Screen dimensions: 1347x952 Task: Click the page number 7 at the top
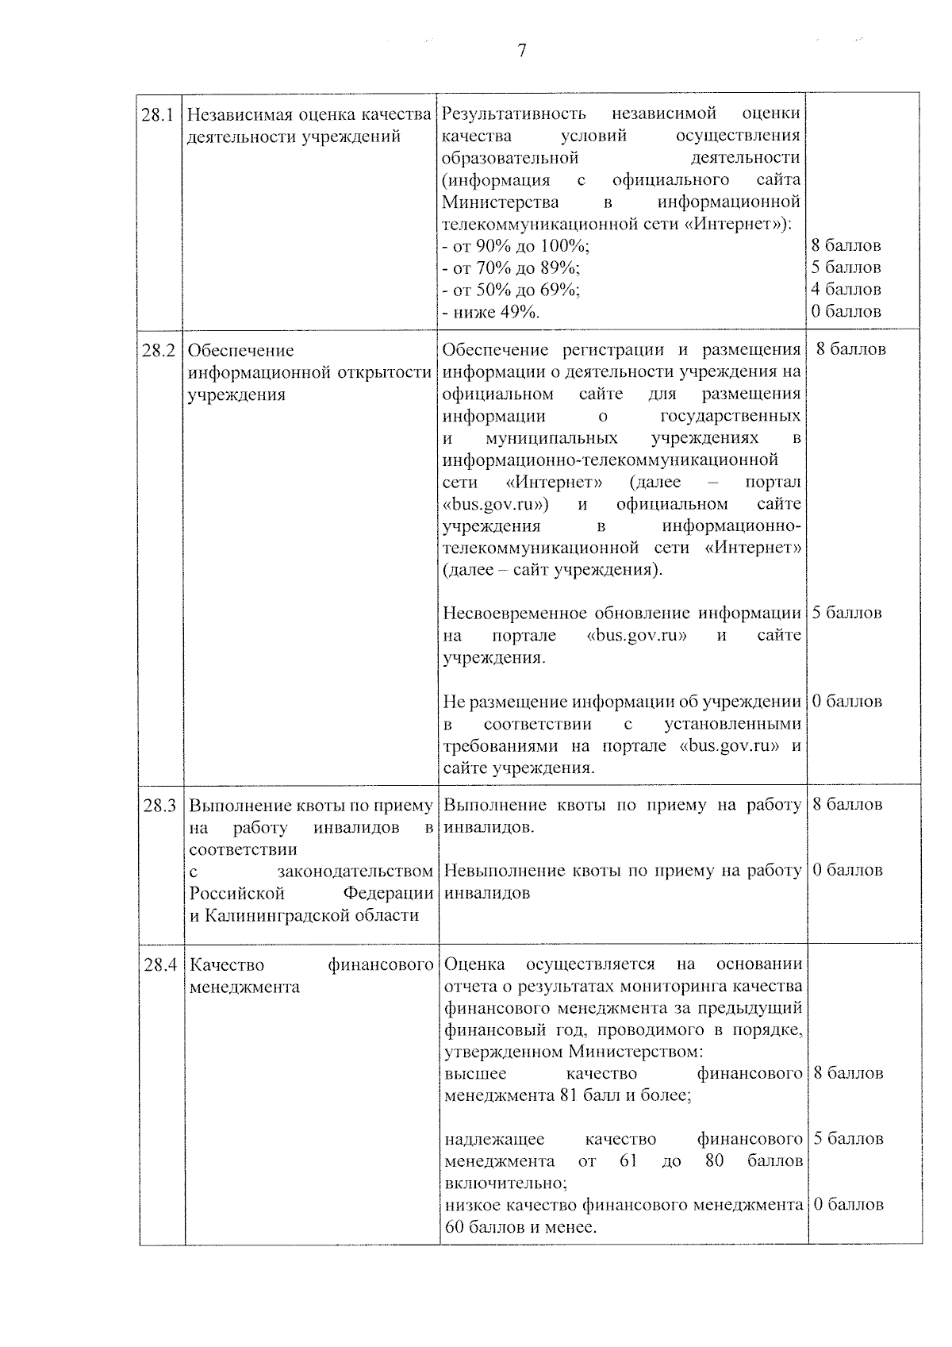pyautogui.click(x=521, y=52)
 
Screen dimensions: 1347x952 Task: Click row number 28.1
pyautogui.click(x=158, y=114)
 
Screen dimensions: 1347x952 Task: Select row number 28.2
pyautogui.click(x=158, y=350)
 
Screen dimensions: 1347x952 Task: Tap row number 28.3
pyautogui.click(x=159, y=806)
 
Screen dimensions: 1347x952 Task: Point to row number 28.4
pyautogui.click(x=159, y=965)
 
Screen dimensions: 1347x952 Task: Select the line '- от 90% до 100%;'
pyautogui.click(x=516, y=245)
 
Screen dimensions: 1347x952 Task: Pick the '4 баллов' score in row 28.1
pyautogui.click(x=846, y=290)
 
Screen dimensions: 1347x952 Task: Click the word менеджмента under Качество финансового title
pyautogui.click(x=244, y=987)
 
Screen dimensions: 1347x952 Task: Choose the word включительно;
pyautogui.click(x=505, y=1183)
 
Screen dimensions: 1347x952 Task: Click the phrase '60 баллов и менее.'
pyautogui.click(x=520, y=1227)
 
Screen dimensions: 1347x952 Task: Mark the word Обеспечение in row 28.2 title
pyautogui.click(x=240, y=350)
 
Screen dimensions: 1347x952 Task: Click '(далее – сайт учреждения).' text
pyautogui.click(x=553, y=570)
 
